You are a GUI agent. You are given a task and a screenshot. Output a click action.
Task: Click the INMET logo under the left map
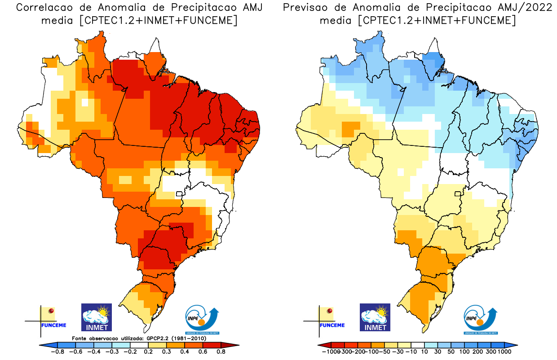[x=96, y=317]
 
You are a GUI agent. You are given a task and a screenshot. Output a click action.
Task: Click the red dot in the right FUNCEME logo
[x=330, y=311]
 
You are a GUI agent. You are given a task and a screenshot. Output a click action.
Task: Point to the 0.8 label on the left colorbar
[x=221, y=352]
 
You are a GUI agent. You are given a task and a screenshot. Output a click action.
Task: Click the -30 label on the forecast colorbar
[x=398, y=352]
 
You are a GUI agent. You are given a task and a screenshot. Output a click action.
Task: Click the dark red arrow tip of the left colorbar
[x=234, y=345]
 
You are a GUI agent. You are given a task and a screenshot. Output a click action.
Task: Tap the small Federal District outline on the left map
[x=179, y=194]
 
